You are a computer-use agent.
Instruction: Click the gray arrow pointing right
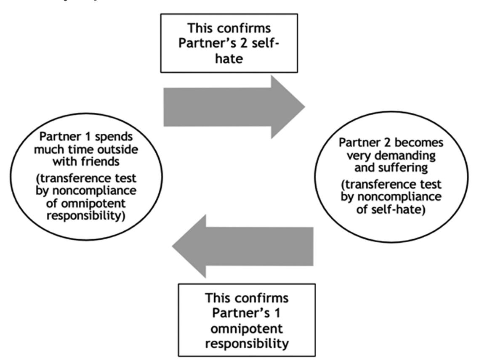[234, 107]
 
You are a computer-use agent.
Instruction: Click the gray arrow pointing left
[242, 246]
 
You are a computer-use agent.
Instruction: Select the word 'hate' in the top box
[229, 58]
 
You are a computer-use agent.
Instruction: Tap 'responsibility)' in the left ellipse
[86, 216]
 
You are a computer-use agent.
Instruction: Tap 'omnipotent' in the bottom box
[247, 328]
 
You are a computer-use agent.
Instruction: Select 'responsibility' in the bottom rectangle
[247, 344]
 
